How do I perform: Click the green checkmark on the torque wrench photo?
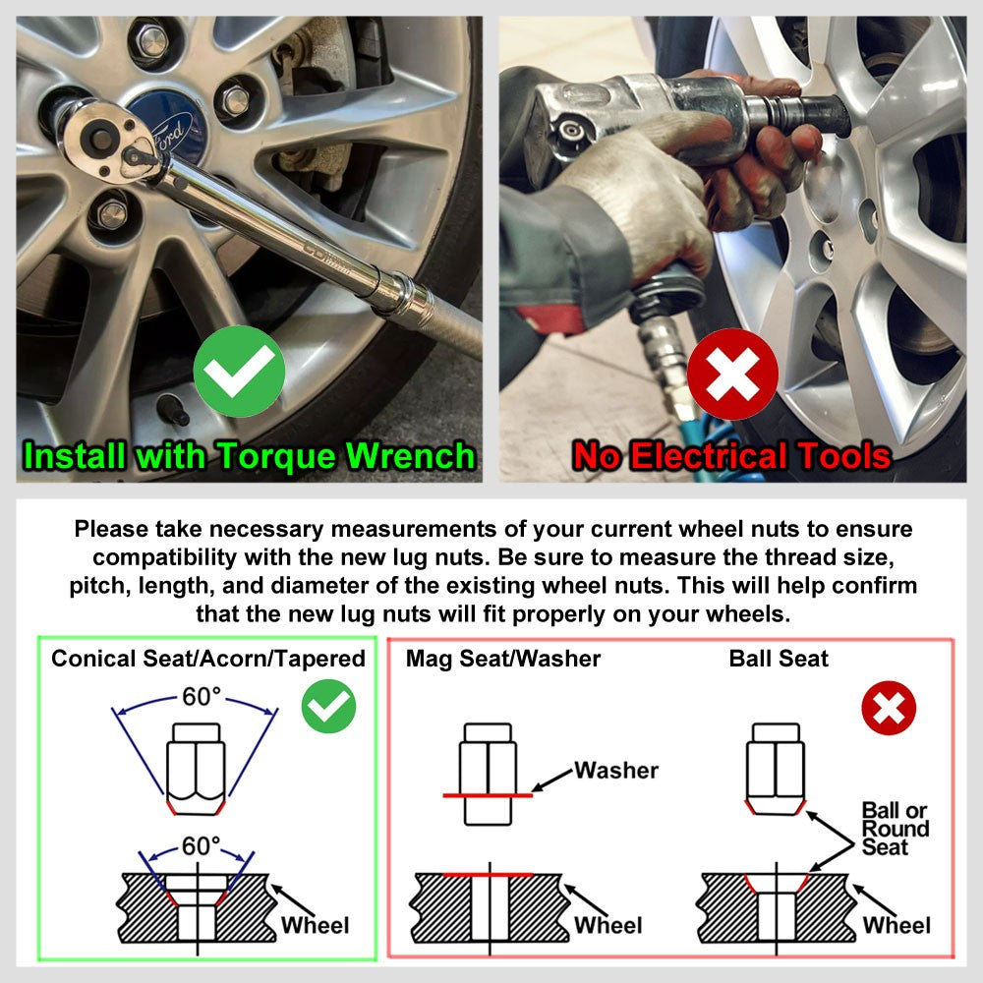point(239,372)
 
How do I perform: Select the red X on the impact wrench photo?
point(732,375)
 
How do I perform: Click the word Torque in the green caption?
point(276,456)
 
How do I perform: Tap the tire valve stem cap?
point(172,408)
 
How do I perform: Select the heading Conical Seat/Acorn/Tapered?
point(208,659)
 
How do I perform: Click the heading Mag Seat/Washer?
point(502,659)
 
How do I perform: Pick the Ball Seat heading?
point(779,659)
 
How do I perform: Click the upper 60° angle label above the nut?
point(202,697)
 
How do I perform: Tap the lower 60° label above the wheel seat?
point(202,845)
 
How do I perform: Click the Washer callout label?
point(617,771)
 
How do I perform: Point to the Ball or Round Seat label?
point(896,829)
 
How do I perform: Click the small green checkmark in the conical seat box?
point(328,707)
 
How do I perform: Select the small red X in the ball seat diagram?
point(889,708)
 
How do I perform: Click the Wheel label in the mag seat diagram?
point(608,925)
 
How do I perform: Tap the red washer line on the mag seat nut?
point(488,795)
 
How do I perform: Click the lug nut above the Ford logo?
point(152,41)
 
